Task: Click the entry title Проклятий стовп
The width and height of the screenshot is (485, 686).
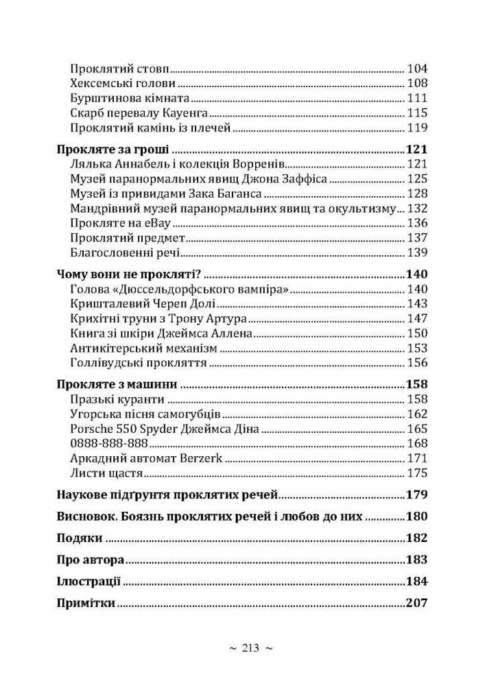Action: pyautogui.click(x=119, y=69)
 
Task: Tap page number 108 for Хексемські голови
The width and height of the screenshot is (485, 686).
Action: pyautogui.click(x=416, y=84)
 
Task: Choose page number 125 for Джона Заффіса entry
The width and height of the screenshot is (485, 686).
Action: pyautogui.click(x=416, y=179)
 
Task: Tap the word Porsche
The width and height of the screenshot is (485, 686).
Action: pyautogui.click(x=92, y=429)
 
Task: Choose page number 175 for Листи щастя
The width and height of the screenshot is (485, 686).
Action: pyautogui.click(x=416, y=473)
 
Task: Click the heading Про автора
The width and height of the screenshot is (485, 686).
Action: pyautogui.click(x=90, y=560)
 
